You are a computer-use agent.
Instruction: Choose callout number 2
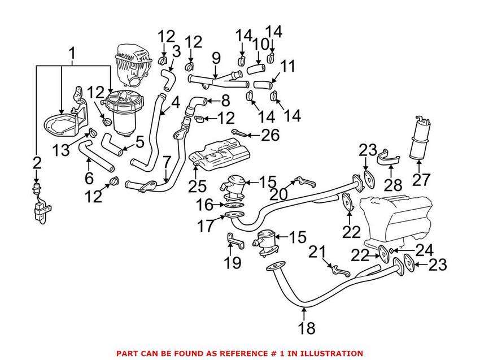tap(37, 164)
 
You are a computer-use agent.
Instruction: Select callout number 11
tap(287, 67)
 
